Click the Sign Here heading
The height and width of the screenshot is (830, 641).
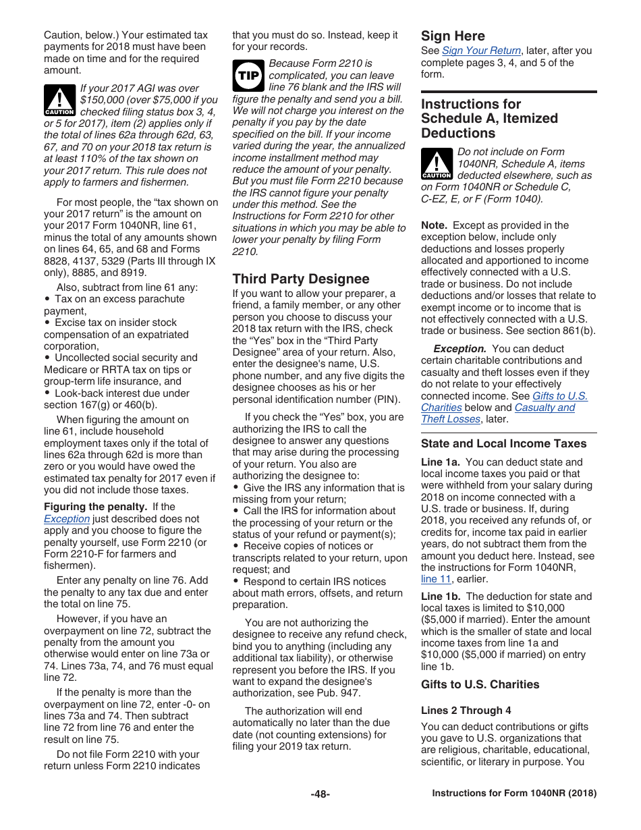point(453,36)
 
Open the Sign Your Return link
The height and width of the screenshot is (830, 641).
point(481,51)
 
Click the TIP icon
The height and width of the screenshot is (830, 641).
point(248,76)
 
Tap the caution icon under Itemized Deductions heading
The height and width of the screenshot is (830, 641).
point(437,164)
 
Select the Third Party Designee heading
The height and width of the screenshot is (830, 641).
point(300,279)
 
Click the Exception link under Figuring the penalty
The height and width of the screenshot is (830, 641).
point(66,519)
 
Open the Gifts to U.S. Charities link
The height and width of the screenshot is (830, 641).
point(559,396)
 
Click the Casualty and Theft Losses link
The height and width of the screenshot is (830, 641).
point(545,408)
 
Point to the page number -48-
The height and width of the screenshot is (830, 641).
point(320,794)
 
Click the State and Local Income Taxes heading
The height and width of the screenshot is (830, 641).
point(503,443)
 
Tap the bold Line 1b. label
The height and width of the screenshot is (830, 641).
point(440,597)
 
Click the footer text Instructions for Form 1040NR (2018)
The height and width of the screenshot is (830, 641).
point(514,794)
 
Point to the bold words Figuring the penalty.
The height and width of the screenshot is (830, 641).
point(95,507)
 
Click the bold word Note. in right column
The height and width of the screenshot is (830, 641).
point(434,225)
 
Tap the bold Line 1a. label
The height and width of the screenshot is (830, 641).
point(440,462)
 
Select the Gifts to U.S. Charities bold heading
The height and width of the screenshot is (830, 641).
point(480,684)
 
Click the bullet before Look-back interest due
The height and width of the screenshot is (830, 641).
point(47,393)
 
